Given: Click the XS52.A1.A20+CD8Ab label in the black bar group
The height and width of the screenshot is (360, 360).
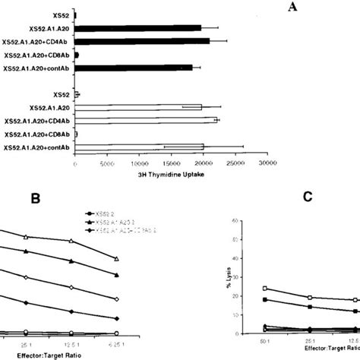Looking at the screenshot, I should pos(37,55).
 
